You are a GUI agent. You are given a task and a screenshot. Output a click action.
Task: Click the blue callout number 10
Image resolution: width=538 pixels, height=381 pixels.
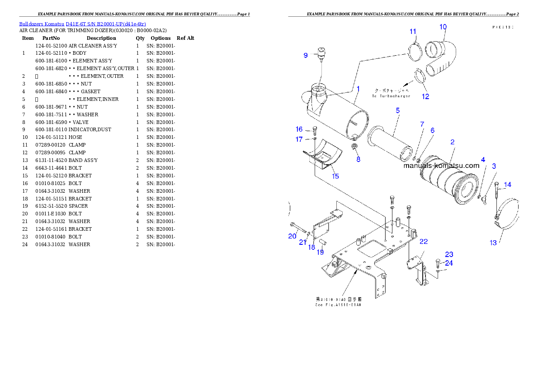[443, 27]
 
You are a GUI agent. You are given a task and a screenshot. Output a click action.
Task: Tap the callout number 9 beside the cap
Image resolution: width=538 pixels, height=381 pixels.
[306, 55]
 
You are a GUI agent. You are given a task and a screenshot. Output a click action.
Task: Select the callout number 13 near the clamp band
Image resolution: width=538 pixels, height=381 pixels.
[493, 243]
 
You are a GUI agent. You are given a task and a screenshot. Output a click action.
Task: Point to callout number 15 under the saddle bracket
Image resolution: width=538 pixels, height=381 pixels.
[335, 176]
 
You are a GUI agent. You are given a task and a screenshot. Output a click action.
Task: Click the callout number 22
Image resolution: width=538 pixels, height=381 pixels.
[424, 242]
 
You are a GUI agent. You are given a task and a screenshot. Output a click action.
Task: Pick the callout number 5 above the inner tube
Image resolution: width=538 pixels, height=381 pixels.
[397, 110]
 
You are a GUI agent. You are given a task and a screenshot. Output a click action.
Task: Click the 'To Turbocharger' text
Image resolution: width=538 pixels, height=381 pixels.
[391, 96]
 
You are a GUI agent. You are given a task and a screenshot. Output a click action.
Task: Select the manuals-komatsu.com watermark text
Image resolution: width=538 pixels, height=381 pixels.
[441, 166]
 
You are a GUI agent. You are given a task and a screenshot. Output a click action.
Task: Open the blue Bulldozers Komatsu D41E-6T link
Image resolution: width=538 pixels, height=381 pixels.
[82, 24]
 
